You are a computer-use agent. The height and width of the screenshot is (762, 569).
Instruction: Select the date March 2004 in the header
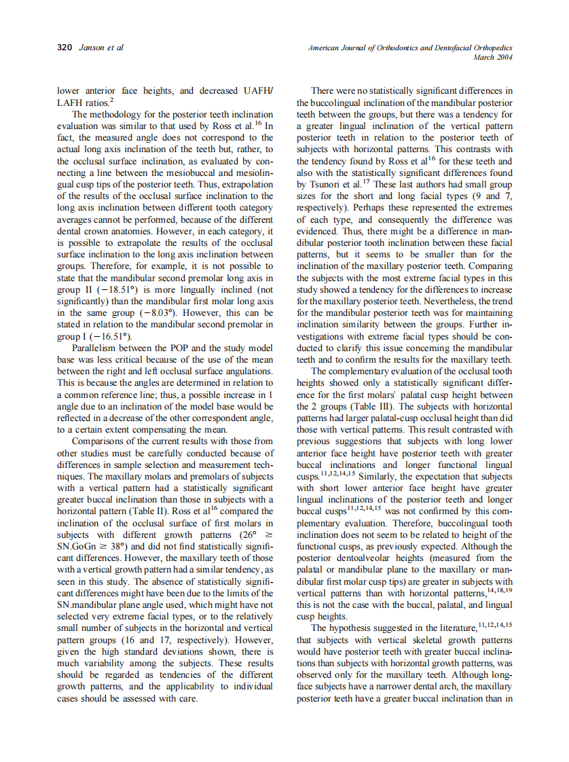tap(492, 58)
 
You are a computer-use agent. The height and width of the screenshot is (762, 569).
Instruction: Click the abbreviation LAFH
tap(69, 103)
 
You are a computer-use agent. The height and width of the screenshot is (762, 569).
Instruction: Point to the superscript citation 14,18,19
tap(499, 589)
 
